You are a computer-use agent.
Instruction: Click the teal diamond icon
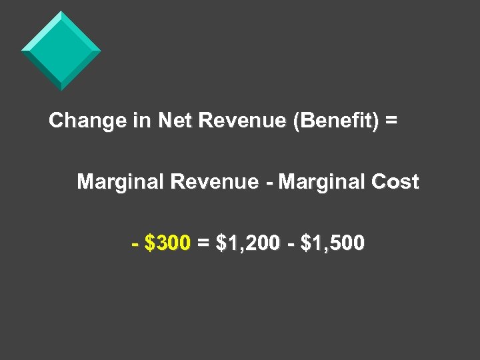[x=61, y=51]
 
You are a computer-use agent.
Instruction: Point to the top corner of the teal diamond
[x=61, y=12]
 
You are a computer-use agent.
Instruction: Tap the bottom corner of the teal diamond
[x=61, y=89]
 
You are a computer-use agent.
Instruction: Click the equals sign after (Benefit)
[x=391, y=121]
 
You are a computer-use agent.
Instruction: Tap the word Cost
[x=396, y=182]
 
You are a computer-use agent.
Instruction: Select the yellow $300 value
[x=168, y=243]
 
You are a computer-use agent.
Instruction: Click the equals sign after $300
[x=203, y=244]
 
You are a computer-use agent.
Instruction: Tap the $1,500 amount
[x=333, y=244]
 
